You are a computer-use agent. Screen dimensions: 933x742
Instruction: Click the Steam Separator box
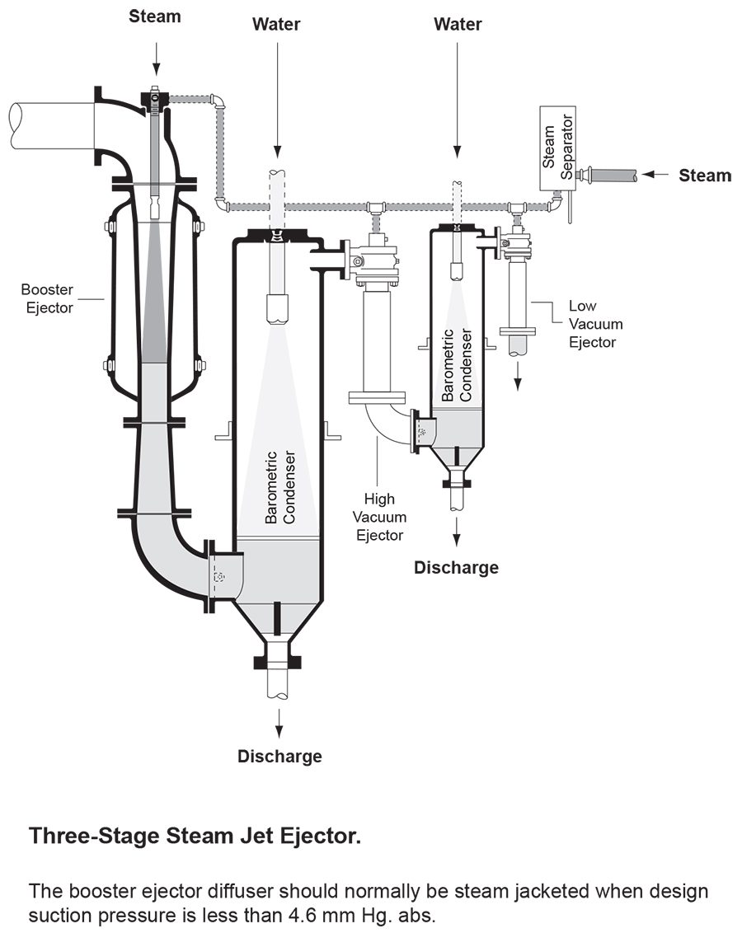(x=557, y=148)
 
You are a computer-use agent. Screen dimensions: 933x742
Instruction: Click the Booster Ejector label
(x=47, y=298)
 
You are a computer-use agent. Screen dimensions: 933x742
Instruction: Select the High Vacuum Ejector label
(x=380, y=517)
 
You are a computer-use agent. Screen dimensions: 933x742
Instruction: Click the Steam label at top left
(x=155, y=16)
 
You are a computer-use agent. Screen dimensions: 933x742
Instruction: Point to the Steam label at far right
(x=704, y=175)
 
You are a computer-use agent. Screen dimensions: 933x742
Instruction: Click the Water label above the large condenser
(x=277, y=25)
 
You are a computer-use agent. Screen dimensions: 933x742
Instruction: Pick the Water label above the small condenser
(x=458, y=25)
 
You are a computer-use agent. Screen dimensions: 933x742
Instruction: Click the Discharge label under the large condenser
(x=279, y=756)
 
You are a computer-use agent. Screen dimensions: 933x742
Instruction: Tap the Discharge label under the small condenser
(x=456, y=567)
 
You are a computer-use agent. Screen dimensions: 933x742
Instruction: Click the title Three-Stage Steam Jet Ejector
(x=195, y=836)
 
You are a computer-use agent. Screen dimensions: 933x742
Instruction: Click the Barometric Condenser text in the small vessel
(x=457, y=365)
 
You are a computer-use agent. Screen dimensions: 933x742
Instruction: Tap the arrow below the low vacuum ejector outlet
(x=519, y=376)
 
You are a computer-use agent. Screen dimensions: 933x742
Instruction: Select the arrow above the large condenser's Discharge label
(x=279, y=723)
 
